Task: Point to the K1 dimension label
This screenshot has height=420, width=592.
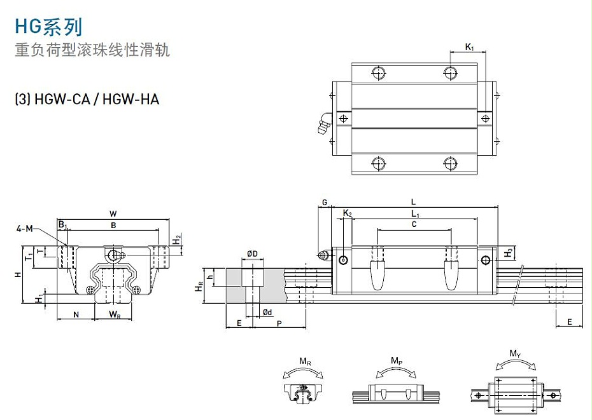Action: pyautogui.click(x=469, y=47)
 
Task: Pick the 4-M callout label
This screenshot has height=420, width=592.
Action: pyautogui.click(x=25, y=228)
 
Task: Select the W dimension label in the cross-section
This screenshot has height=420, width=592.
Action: pyautogui.click(x=113, y=213)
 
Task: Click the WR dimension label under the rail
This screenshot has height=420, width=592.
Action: pyautogui.click(x=115, y=315)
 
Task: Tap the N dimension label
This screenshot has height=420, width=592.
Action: pyautogui.click(x=76, y=315)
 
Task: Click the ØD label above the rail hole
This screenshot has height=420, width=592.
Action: pyautogui.click(x=252, y=254)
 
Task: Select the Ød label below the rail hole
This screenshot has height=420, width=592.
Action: pyautogui.click(x=267, y=312)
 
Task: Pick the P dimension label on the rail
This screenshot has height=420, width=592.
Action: pyautogui.click(x=279, y=323)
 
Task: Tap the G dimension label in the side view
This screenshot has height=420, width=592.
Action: pyautogui.click(x=324, y=203)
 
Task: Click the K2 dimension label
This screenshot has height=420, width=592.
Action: pyautogui.click(x=347, y=213)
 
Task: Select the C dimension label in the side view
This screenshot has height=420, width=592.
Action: pyautogui.click(x=414, y=224)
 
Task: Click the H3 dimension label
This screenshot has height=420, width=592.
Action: pyautogui.click(x=508, y=253)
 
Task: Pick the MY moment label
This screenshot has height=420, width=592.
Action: pyautogui.click(x=515, y=353)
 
